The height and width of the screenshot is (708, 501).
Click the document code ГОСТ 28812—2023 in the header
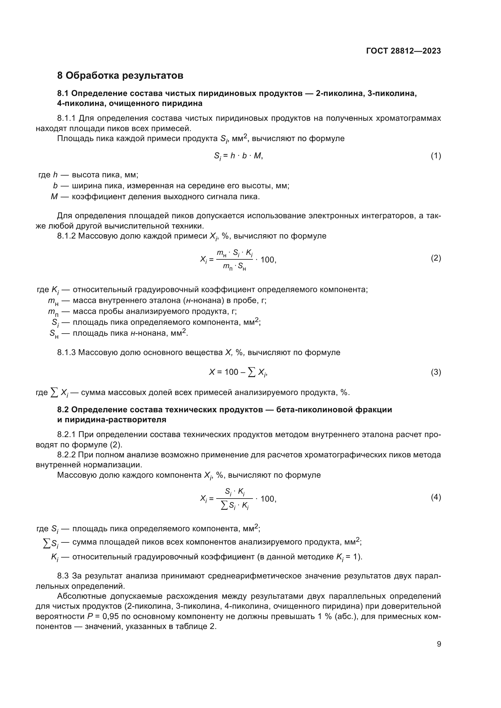point(403,51)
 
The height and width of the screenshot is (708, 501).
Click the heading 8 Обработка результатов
point(120,75)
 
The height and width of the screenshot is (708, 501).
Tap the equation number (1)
point(436,156)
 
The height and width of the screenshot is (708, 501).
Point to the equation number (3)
point(436,372)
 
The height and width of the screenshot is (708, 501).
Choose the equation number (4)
point(436,497)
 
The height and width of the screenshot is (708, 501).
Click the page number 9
point(439,644)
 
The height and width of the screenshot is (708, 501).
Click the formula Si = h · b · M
point(238,156)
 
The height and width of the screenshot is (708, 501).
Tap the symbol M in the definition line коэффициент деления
point(54,197)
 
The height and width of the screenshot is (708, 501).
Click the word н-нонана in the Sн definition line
point(147,333)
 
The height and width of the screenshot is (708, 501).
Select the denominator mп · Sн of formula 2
point(234,266)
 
